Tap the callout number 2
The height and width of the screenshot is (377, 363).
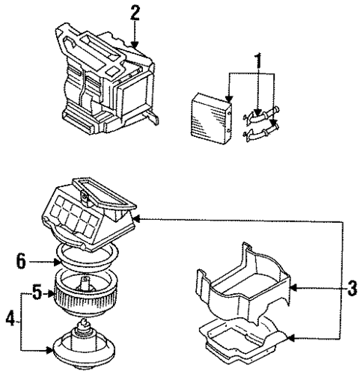pyautogui.click(x=135, y=13)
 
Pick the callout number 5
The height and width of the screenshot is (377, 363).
pyautogui.click(x=35, y=293)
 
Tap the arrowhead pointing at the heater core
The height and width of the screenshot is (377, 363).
pyautogui.click(x=228, y=99)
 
